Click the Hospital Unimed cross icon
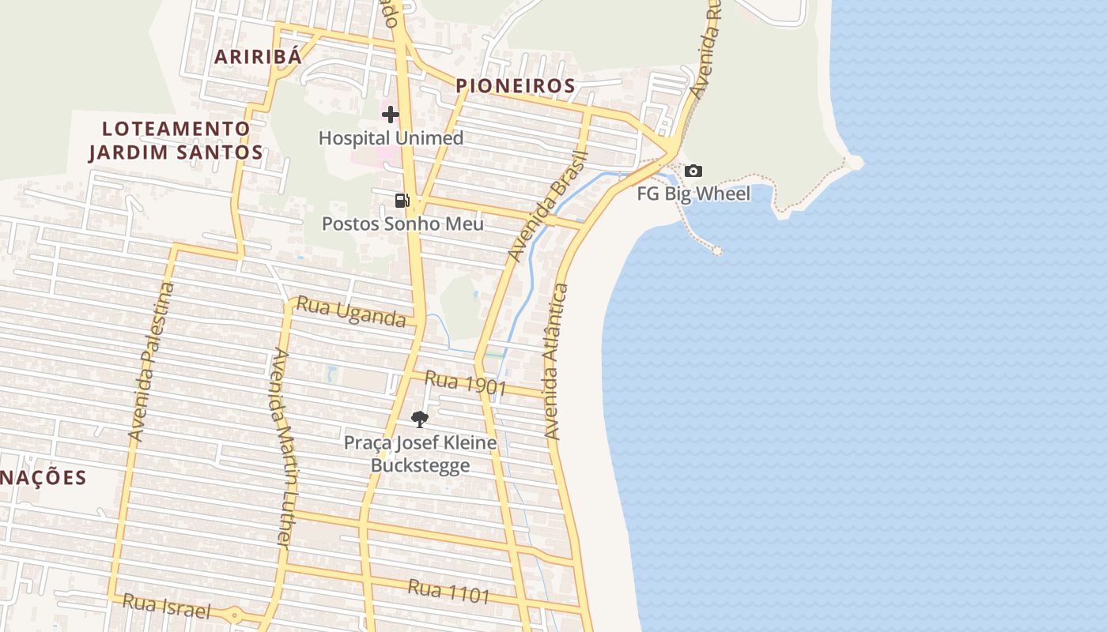click(391, 115)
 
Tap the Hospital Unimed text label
click(391, 138)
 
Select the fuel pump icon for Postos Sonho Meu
click(402, 201)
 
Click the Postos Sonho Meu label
click(402, 224)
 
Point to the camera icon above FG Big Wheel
click(693, 171)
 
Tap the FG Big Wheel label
click(693, 194)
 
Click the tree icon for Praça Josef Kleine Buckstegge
click(420, 419)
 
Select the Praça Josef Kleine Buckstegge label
click(420, 454)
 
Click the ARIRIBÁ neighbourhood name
click(259, 57)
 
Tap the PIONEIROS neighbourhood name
click(515, 85)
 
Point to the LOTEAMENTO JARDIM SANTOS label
click(176, 140)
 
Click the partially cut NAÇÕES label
click(43, 478)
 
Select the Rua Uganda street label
click(350, 312)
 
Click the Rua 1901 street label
click(465, 383)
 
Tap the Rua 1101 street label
click(449, 591)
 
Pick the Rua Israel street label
click(167, 607)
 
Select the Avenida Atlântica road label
click(556, 362)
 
